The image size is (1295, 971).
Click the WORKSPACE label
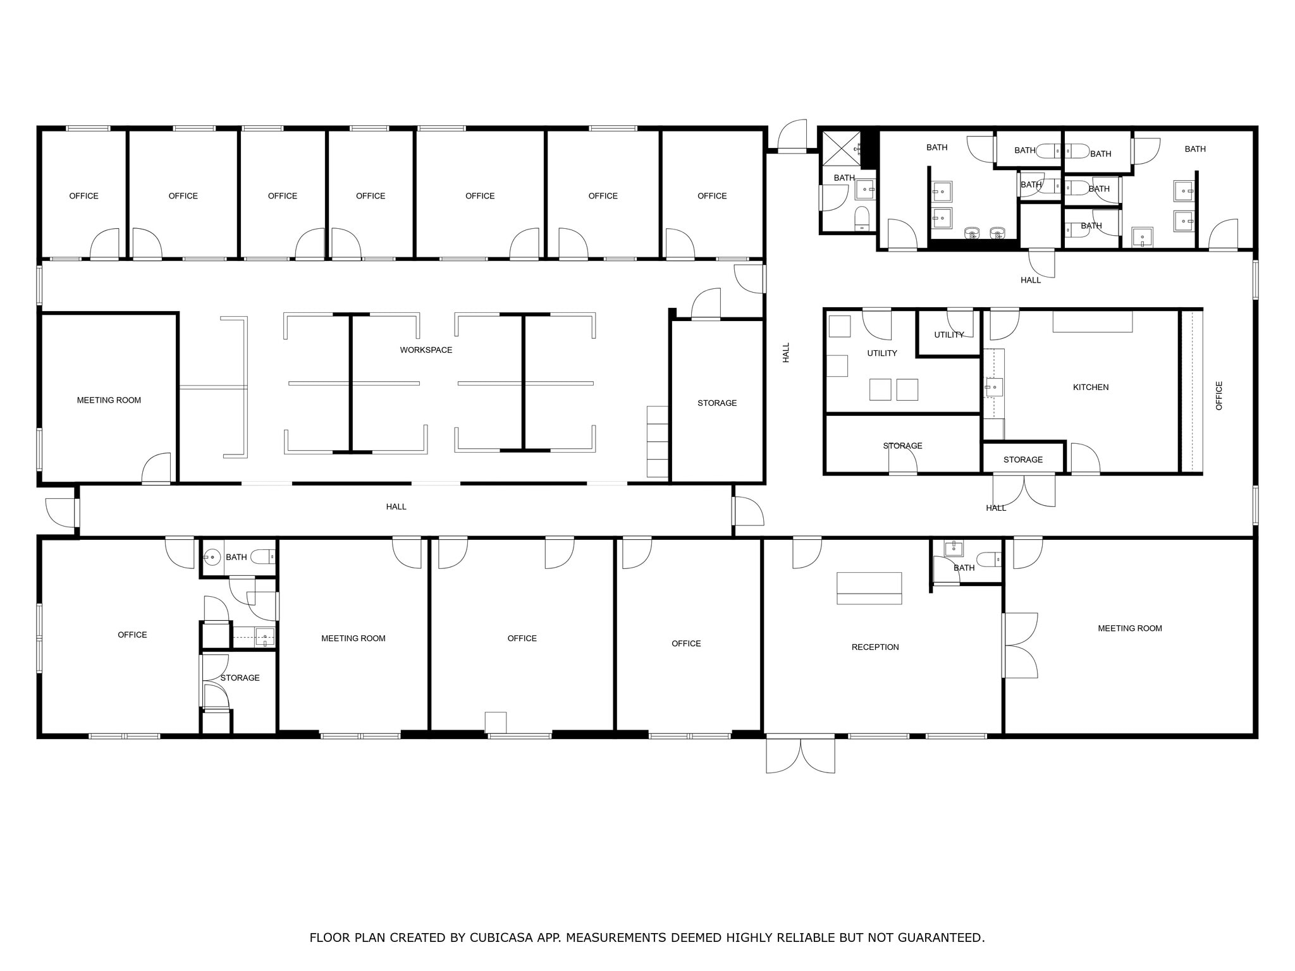426,350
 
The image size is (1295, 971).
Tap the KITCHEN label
1090,387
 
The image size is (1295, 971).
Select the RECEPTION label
875,647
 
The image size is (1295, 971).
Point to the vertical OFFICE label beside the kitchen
1218,396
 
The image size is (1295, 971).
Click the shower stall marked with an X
841,149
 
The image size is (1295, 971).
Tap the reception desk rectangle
869,588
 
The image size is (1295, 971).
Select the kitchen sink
993,386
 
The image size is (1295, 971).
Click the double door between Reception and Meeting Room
1019,645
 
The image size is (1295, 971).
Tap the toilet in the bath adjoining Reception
988,559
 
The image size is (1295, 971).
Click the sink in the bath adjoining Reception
953,548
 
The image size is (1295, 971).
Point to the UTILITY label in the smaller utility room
948,334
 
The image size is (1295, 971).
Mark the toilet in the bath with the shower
862,218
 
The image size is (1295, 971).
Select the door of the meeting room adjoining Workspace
156,469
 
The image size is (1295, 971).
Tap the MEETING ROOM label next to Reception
1129,628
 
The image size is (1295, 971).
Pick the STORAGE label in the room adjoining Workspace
716,403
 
